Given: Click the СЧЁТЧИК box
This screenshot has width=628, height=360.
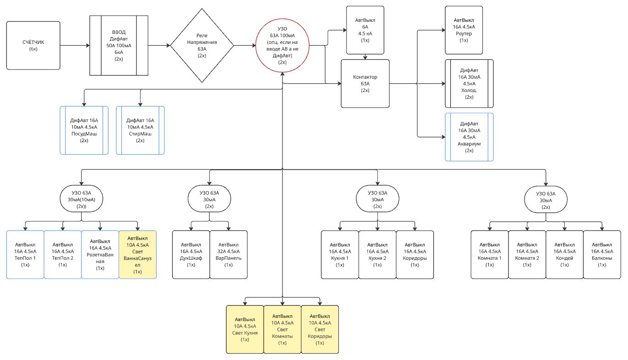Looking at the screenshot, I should click(33, 45).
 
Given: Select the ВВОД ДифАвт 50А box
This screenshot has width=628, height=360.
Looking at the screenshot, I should click(119, 45).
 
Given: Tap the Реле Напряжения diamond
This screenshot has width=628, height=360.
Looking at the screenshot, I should click(202, 45).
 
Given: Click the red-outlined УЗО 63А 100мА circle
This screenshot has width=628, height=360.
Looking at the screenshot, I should click(282, 46).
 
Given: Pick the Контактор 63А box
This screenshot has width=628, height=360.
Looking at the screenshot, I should click(365, 84).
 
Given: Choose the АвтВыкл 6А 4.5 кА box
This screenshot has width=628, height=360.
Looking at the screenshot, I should click(365, 30).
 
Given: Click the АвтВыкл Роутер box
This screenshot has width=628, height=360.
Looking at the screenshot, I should click(464, 30).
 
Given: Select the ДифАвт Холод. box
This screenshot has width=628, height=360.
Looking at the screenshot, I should click(469, 84).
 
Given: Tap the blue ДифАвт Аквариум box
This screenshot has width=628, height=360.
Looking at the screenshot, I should click(469, 137).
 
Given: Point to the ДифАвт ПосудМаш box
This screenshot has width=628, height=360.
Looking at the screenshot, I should click(84, 130).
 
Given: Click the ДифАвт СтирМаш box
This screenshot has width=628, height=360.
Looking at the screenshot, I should click(140, 130).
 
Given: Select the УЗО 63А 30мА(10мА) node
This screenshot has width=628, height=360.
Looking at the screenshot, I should click(82, 199).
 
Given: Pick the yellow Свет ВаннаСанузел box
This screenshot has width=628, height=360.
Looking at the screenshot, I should click(137, 255).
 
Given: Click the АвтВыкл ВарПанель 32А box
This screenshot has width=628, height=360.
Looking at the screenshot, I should click(228, 255).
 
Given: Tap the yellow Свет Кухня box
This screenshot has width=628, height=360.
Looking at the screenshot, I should click(245, 329).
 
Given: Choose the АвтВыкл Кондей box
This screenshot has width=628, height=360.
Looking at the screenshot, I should click(564, 255).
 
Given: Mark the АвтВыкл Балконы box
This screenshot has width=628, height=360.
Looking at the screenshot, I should click(601, 255).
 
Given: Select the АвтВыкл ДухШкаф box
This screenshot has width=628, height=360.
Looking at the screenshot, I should click(191, 255).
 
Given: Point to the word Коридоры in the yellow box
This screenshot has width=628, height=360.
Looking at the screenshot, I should click(320, 337).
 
